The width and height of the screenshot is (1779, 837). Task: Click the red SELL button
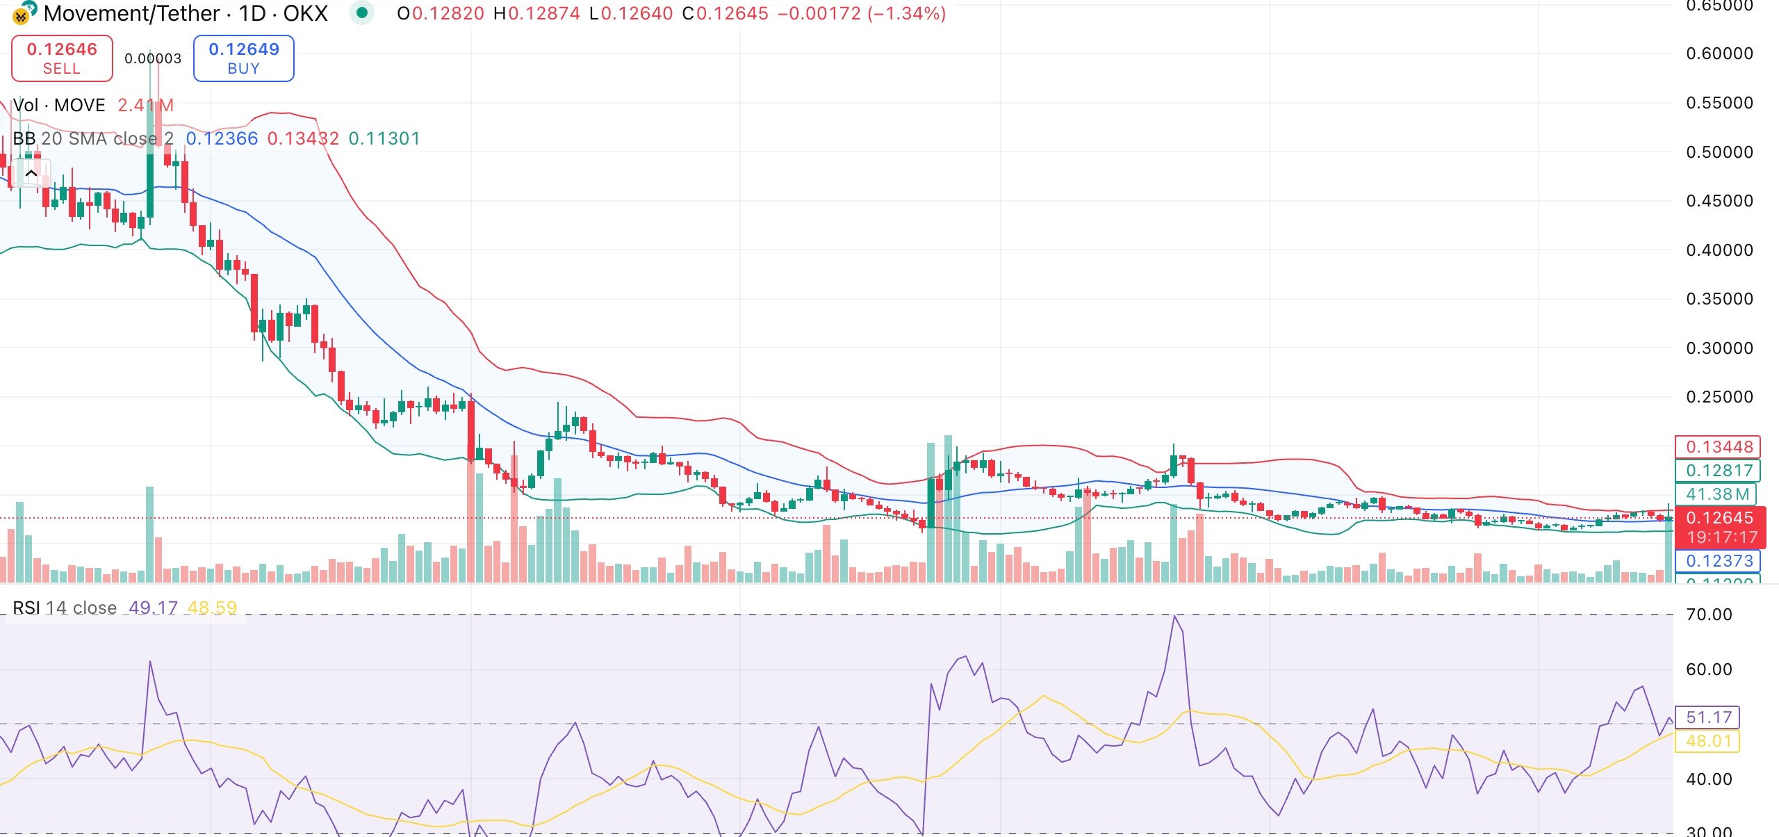click(x=62, y=58)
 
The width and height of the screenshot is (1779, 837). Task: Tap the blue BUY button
click(x=243, y=58)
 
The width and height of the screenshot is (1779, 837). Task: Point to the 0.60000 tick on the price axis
click(x=1719, y=54)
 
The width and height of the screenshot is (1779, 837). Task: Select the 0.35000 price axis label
click(x=1719, y=299)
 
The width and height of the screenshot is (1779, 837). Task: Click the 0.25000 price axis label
click(x=1719, y=397)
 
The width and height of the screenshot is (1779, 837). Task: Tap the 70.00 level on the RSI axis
click(x=1709, y=615)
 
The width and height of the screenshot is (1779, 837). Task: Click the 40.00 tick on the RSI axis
click(x=1709, y=779)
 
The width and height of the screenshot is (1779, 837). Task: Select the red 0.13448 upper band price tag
click(x=1719, y=447)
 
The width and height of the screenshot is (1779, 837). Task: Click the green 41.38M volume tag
click(x=1717, y=494)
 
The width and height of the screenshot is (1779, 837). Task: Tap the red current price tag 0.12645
click(x=1719, y=519)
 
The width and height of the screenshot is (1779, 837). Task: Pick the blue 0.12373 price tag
click(x=1719, y=561)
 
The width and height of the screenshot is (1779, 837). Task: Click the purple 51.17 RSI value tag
click(x=1709, y=717)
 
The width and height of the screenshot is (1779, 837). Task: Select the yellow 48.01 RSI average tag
click(x=1709, y=741)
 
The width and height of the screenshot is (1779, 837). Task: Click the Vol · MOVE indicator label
click(x=59, y=106)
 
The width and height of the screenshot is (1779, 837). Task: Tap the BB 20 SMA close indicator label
click(x=93, y=139)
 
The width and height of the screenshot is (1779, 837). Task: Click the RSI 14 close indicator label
click(x=65, y=608)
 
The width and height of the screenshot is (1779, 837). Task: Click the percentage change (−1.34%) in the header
click(x=906, y=14)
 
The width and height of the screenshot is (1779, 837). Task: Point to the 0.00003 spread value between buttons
click(x=153, y=59)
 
